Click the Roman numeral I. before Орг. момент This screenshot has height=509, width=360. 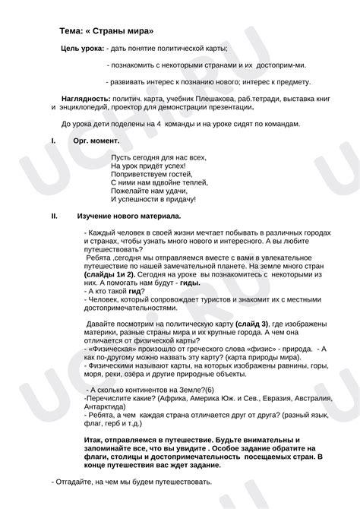[52, 141]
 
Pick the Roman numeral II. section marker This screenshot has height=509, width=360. [54, 217]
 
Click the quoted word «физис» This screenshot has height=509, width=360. [254, 349]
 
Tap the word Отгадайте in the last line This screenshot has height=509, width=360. [75, 482]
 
